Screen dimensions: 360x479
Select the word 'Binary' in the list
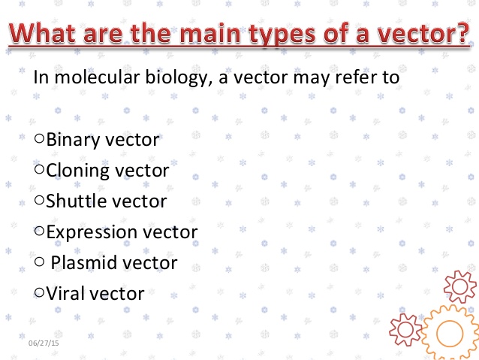72,140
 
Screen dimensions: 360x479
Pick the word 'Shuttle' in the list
74,201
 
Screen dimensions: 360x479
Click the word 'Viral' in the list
66,294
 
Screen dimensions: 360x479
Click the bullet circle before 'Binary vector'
39,140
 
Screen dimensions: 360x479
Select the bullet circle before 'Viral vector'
39,293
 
